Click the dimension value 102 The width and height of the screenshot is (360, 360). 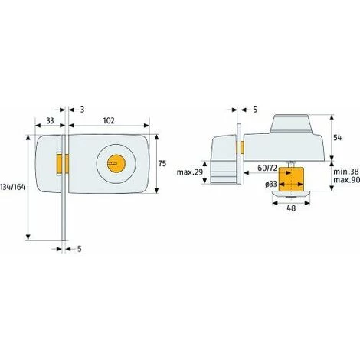110,120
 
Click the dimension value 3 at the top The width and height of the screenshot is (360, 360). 82,110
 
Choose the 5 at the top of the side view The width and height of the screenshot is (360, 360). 254,110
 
